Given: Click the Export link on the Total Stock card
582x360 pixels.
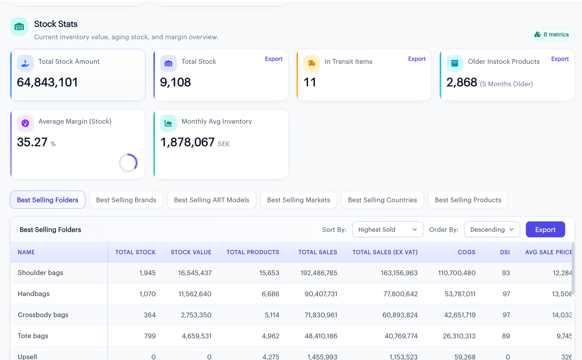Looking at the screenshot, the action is coord(274,59).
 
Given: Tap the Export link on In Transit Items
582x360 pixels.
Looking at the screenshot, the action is coord(417,59).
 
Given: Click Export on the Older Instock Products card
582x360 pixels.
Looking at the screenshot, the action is coord(560,59).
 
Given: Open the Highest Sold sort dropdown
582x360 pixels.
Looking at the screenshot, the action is coord(388,229).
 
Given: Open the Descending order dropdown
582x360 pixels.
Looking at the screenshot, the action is coord(492,229).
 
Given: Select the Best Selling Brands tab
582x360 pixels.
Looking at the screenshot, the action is coord(126,200).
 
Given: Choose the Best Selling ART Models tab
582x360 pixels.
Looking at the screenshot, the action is coord(211,200).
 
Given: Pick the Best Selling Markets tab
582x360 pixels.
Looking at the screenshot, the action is coord(299,200).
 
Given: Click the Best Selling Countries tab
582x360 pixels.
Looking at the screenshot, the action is coord(382,200).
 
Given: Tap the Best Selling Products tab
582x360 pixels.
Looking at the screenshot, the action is coord(468,200).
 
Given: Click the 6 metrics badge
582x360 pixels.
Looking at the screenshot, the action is coord(551,34).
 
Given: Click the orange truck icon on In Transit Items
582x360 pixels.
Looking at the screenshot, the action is coord(311,63).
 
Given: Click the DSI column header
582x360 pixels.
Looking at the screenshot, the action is coord(505,252).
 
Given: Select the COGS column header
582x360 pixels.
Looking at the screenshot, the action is coord(466,252).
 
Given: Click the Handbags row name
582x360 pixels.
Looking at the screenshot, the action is coord(34,294).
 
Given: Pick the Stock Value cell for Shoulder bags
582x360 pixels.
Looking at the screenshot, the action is coord(195,273).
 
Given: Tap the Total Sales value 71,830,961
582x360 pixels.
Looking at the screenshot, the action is coord(320,315).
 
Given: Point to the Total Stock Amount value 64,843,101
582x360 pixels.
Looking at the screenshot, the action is coord(47,82).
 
